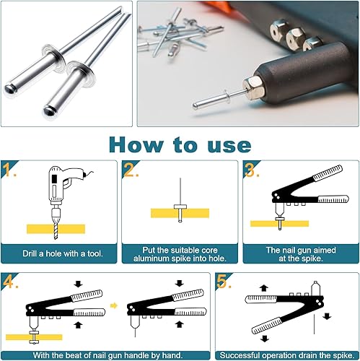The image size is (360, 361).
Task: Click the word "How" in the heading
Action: (x=136, y=145)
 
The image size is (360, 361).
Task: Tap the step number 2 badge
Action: (x=131, y=170)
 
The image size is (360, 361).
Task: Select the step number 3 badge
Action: (x=252, y=170)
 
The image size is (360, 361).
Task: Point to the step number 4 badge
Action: (x=9, y=282)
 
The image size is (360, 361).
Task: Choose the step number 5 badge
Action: (x=224, y=281)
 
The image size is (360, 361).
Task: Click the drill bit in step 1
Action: (x=56, y=230)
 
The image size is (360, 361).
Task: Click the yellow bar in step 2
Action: (x=180, y=213)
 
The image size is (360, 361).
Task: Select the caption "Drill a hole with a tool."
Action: (x=63, y=253)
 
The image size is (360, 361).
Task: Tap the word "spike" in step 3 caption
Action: (x=310, y=258)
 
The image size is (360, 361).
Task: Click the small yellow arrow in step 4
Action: (x=114, y=305)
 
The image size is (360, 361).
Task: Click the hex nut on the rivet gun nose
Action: (x=254, y=88)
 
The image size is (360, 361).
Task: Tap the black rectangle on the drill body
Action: (x=55, y=178)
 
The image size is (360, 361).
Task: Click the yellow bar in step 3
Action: (x=279, y=224)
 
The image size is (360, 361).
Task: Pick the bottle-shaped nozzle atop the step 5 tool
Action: (x=315, y=288)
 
